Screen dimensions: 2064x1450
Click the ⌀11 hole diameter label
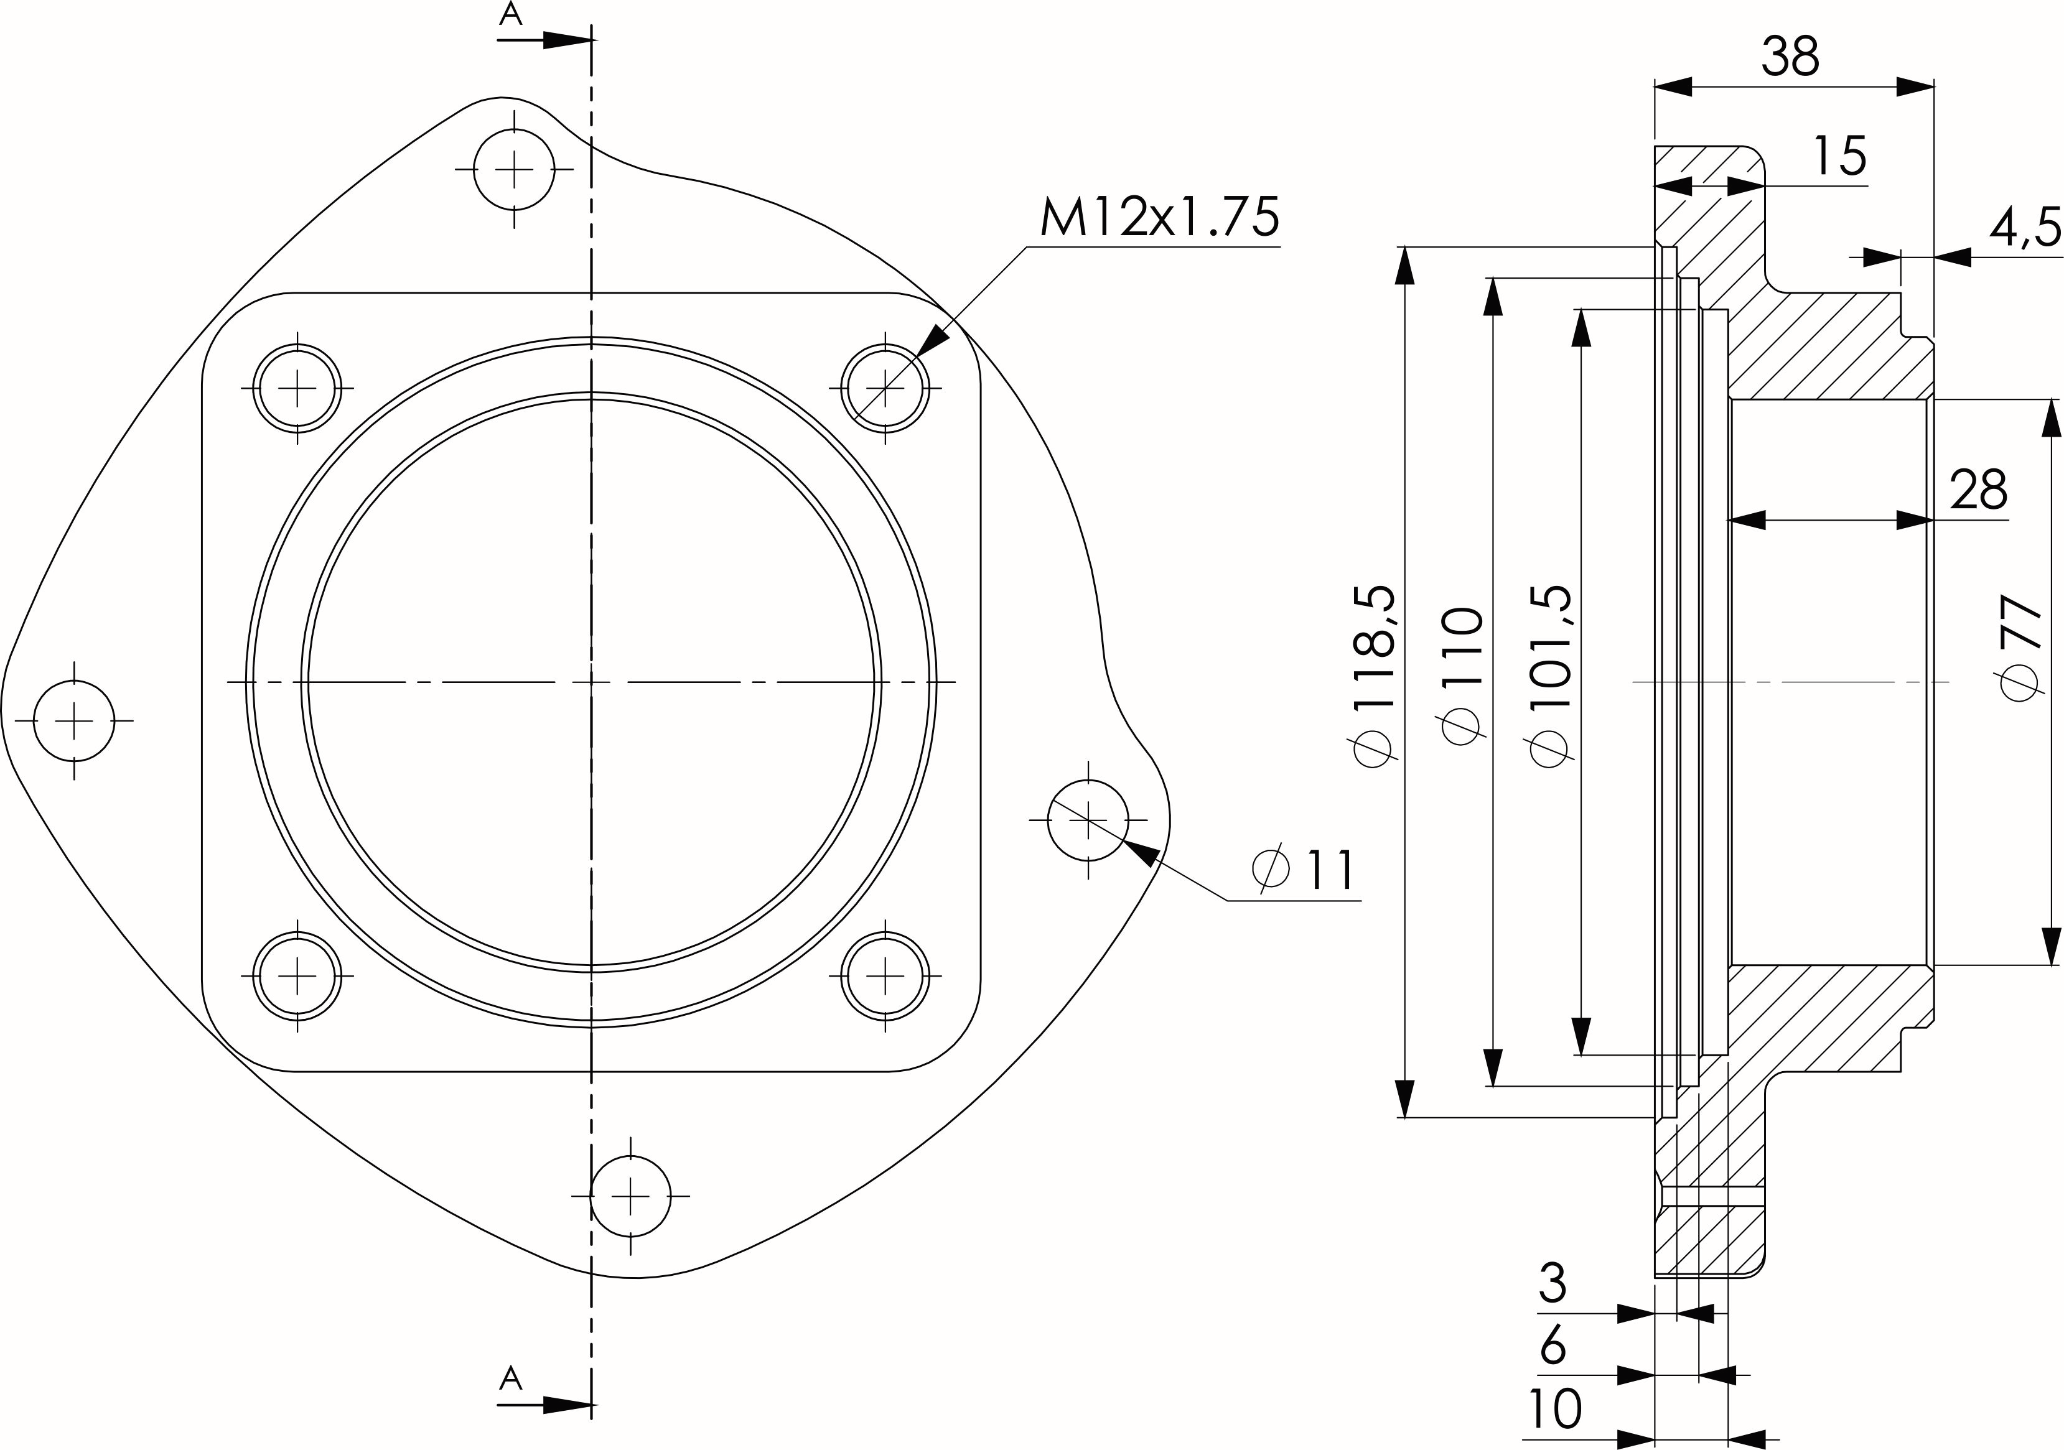coord(1304,868)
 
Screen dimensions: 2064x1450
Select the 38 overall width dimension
coord(1790,57)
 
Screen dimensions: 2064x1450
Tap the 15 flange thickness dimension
coord(1840,156)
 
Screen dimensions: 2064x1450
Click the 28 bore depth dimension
coord(1979,490)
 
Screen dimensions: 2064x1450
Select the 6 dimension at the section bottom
coord(1553,1345)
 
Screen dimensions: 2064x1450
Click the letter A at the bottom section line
coord(511,1377)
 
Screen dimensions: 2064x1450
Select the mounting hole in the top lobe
coord(514,168)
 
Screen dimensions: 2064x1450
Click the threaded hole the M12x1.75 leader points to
coord(885,388)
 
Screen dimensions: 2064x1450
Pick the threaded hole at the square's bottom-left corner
coord(297,975)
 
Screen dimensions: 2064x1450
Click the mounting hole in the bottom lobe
coord(630,1196)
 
